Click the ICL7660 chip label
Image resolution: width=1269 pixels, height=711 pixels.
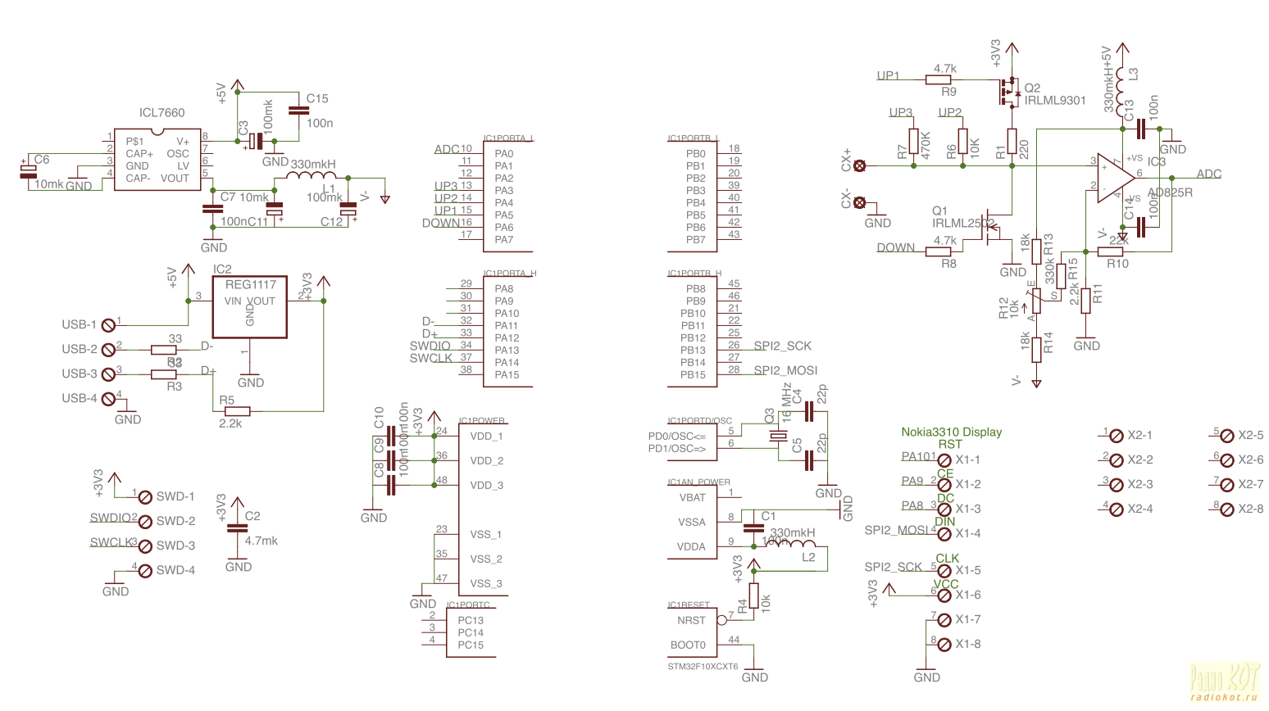161,113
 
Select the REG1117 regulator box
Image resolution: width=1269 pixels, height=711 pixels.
250,307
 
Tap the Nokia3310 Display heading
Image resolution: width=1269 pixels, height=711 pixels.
951,432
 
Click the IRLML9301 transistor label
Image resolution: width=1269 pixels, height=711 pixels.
1054,101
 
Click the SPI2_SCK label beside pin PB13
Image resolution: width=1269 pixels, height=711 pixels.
782,346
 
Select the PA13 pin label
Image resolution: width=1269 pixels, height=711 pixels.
507,350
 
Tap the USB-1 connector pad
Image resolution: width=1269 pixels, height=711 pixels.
107,325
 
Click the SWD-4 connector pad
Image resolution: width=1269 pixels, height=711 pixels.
145,571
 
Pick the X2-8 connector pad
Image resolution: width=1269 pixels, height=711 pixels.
1227,509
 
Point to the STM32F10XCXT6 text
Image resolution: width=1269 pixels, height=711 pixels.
703,667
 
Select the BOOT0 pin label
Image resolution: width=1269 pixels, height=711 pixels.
688,645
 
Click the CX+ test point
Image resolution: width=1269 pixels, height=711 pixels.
859,165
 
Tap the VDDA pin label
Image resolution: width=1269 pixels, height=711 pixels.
691,546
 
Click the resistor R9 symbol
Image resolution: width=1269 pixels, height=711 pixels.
938,79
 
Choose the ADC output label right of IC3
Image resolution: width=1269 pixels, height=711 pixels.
1208,174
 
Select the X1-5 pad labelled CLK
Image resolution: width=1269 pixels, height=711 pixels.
944,571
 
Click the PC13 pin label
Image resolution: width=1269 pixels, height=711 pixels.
471,620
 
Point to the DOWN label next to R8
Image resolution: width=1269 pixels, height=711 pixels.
895,247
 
